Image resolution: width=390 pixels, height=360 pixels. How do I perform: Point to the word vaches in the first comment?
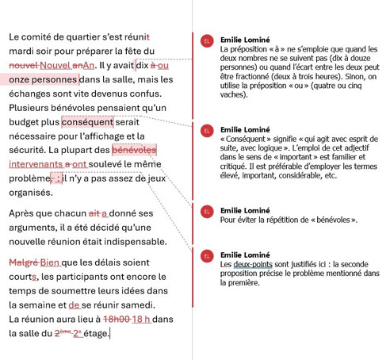click(233, 94)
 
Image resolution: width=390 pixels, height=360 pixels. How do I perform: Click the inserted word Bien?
click(50, 262)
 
